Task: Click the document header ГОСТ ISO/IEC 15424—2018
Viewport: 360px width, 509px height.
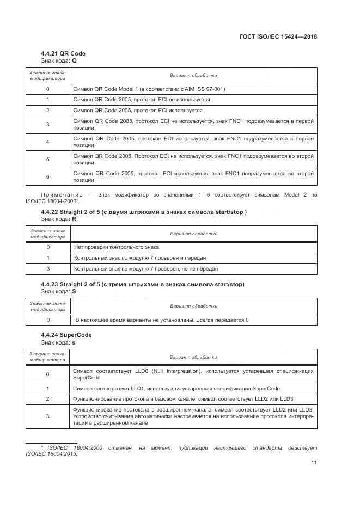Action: click(278, 37)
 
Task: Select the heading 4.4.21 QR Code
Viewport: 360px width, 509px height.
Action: click(63, 53)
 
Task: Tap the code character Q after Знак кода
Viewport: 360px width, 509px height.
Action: click(75, 61)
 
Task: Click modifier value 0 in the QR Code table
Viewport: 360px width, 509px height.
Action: click(48, 89)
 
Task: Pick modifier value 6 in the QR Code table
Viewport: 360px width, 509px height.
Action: click(48, 177)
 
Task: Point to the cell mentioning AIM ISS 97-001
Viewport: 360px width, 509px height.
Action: click(149, 89)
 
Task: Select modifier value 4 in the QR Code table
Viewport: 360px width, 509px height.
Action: click(48, 142)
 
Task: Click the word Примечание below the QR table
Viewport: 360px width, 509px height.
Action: click(62, 194)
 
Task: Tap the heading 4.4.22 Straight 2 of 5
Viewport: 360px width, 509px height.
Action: click(144, 212)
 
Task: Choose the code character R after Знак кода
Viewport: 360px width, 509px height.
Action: click(75, 219)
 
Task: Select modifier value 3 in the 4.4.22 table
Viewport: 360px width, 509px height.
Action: click(48, 269)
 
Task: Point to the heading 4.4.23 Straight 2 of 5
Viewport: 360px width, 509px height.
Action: click(143, 284)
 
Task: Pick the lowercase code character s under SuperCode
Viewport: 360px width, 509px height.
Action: click(74, 342)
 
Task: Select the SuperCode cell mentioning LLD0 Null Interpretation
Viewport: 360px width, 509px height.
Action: click(193, 374)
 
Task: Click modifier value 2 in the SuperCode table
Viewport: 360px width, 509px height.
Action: click(48, 398)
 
